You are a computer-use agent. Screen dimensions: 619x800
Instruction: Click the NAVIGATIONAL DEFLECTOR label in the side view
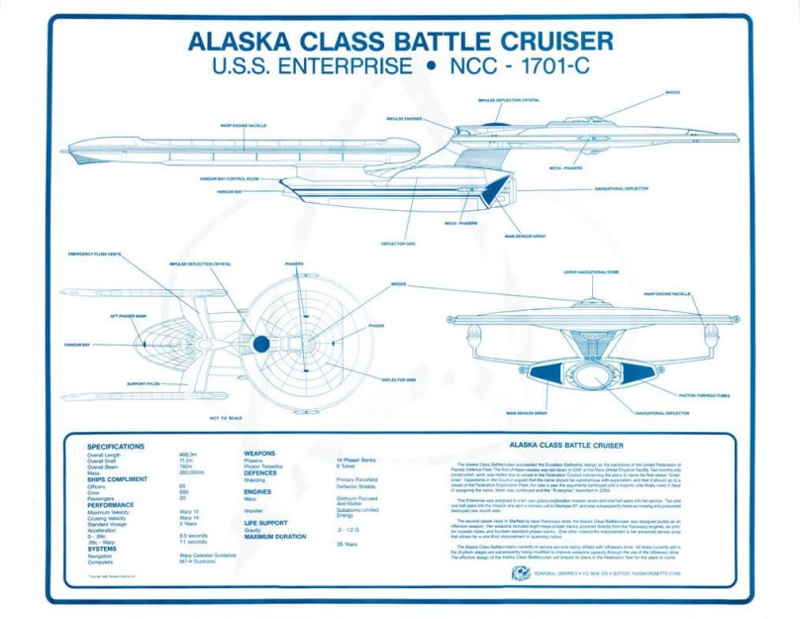point(622,187)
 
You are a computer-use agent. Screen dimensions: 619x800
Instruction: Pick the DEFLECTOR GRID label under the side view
point(396,243)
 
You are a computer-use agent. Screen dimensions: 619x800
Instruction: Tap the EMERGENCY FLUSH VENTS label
point(94,255)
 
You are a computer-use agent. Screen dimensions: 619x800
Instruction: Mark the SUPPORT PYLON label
point(144,383)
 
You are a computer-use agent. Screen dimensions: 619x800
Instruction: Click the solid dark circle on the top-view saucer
point(260,344)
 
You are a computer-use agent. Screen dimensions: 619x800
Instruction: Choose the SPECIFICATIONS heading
point(116,447)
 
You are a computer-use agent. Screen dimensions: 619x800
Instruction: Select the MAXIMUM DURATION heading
point(277,536)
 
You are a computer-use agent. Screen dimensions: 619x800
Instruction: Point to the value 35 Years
point(347,544)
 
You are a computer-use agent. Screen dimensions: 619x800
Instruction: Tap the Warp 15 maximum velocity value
point(189,511)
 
